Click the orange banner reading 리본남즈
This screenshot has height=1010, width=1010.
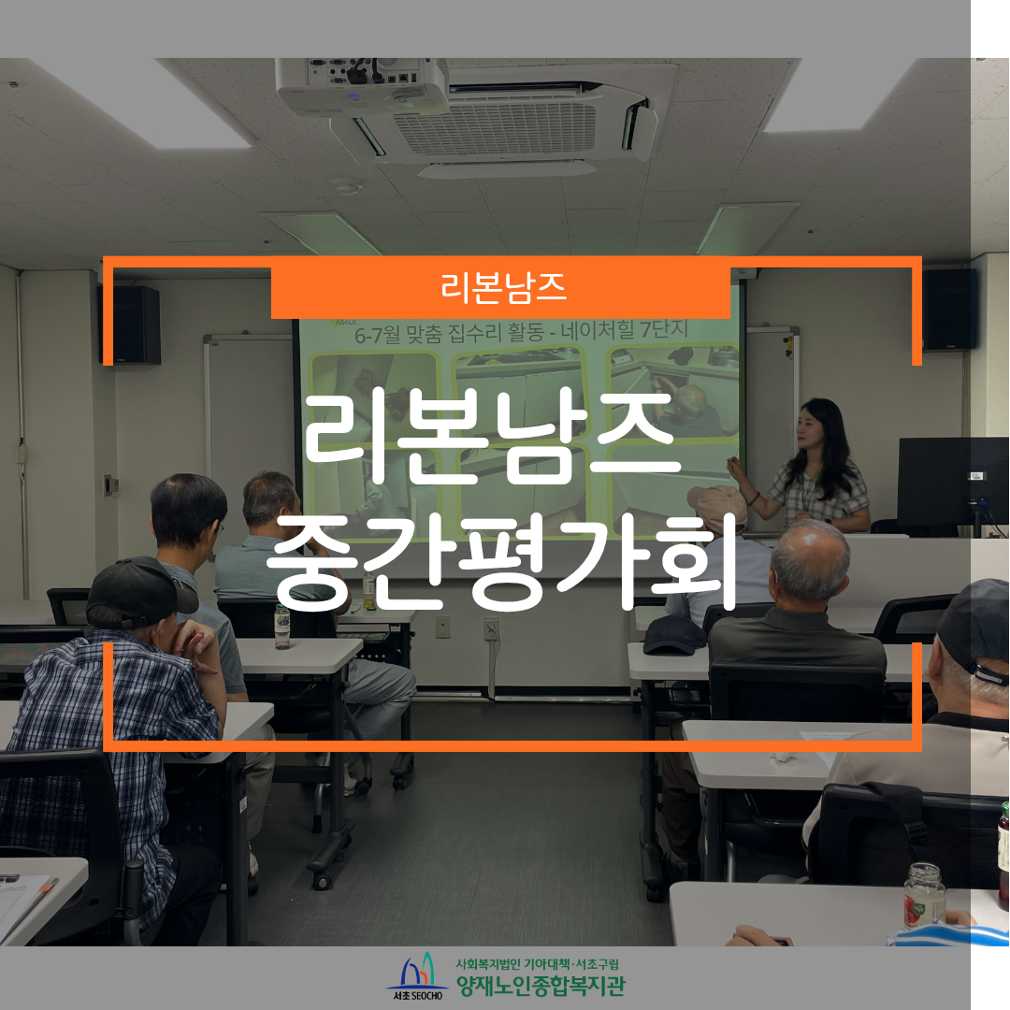(x=500, y=288)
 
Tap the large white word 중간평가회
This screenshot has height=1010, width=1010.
(x=501, y=562)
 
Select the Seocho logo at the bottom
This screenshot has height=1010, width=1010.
(x=417, y=975)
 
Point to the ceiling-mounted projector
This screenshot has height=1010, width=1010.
(x=361, y=86)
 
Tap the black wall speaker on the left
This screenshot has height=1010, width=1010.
(x=131, y=325)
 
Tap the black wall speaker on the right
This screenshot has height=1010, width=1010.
(x=950, y=310)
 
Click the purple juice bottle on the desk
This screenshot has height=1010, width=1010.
(x=282, y=626)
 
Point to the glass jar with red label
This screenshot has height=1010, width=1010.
(x=924, y=896)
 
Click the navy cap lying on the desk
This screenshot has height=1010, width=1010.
(x=674, y=634)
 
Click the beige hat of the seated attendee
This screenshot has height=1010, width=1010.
(x=717, y=506)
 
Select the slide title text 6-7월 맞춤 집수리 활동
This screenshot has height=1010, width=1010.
(x=450, y=334)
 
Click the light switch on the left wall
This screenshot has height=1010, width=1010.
(x=110, y=484)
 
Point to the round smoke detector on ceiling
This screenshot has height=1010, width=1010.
(x=347, y=187)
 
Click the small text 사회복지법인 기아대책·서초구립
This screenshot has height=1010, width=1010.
(x=537, y=963)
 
